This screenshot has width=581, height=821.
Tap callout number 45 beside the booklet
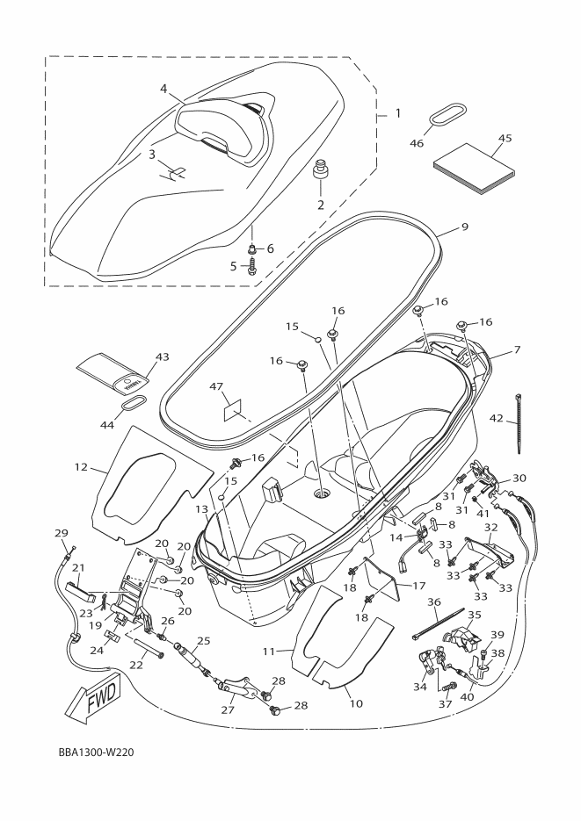(x=505, y=137)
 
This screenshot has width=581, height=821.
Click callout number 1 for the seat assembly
(x=397, y=114)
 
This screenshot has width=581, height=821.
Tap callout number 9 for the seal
(x=464, y=227)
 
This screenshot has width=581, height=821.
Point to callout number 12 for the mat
(x=82, y=467)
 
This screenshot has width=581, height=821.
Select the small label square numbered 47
(x=234, y=409)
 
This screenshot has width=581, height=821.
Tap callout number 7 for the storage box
(x=517, y=350)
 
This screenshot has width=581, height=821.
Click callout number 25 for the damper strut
(x=203, y=640)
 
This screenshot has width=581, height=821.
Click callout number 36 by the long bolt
(x=433, y=602)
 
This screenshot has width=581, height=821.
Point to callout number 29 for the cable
(x=61, y=533)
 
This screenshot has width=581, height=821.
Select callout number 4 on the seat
(x=163, y=89)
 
